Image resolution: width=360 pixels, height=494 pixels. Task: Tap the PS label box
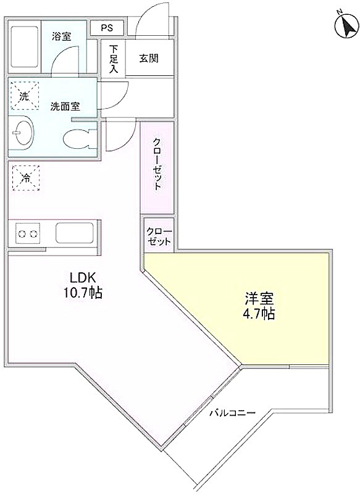(107, 28)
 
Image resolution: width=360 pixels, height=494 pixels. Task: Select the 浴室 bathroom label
(62, 36)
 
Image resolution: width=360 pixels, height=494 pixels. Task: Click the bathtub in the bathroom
(25, 47)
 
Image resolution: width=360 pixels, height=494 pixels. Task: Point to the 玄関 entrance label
(149, 58)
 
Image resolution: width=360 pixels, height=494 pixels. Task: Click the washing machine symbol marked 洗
(25, 96)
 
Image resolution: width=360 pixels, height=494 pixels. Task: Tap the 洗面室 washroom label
(65, 107)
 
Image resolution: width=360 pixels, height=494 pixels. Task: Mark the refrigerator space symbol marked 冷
(26, 178)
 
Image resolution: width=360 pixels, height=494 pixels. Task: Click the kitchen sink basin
(75, 233)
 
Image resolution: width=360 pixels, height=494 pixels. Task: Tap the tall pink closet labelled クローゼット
(157, 168)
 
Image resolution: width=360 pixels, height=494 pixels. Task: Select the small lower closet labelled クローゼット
(159, 235)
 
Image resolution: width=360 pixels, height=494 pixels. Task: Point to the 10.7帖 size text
(83, 293)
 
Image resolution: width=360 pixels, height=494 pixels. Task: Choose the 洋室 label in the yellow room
(259, 298)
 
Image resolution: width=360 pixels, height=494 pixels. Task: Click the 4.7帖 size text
(259, 314)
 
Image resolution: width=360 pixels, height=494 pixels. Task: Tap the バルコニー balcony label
(232, 412)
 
